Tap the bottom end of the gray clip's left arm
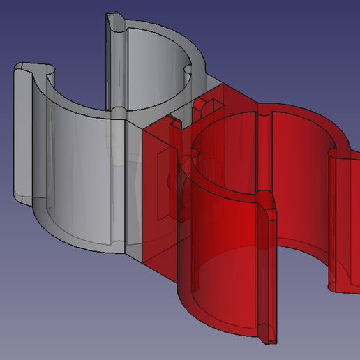pyautogui.click(x=27, y=199)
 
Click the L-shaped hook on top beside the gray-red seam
pyautogui.click(x=174, y=126)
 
